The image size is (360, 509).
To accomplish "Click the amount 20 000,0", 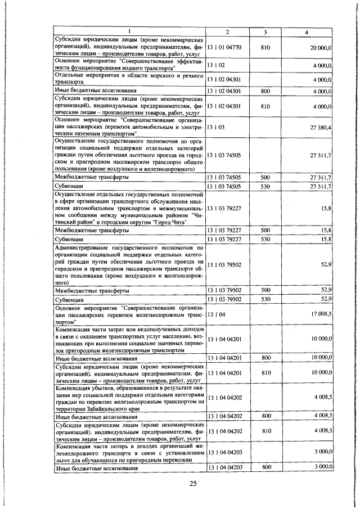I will [319, 49].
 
